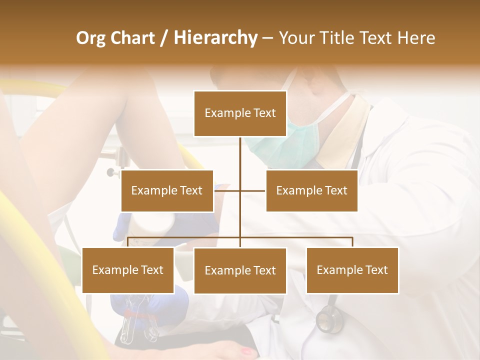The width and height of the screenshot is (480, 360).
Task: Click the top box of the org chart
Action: pyautogui.click(x=240, y=113)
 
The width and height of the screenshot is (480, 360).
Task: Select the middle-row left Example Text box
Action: pyautogui.click(x=167, y=190)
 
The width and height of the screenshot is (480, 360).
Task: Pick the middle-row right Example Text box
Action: pyautogui.click(x=311, y=190)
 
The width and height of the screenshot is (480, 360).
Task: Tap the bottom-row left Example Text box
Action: pyautogui.click(x=128, y=270)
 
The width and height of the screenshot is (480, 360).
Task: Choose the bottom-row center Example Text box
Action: pyautogui.click(x=240, y=270)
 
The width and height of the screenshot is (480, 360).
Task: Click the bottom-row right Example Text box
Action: pyautogui.click(x=352, y=270)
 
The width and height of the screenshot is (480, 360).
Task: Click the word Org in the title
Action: pyautogui.click(x=91, y=38)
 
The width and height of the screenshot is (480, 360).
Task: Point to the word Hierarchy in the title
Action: pyautogui.click(x=215, y=38)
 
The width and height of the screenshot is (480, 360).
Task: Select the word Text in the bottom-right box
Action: pyautogui.click(x=376, y=270)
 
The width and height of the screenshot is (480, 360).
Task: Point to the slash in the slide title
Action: pyautogui.click(x=164, y=38)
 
